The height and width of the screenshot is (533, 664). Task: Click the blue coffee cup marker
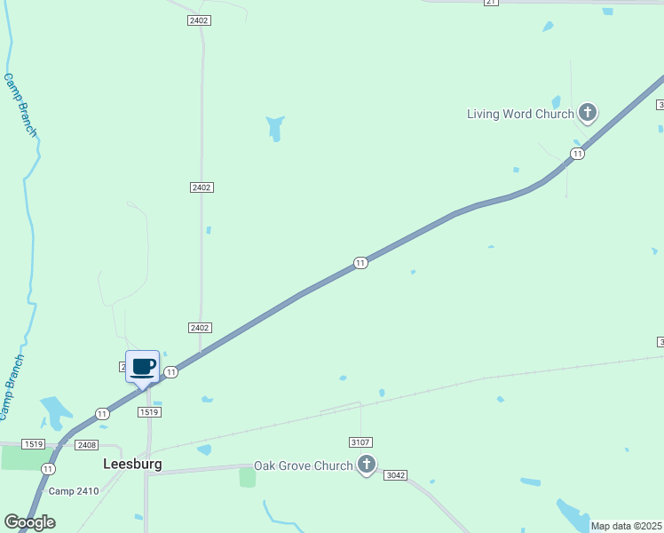point(142,367)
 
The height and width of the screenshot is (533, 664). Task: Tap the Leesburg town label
point(132,464)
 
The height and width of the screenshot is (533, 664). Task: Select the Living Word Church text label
point(520,114)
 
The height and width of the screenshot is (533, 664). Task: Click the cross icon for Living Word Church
point(587,113)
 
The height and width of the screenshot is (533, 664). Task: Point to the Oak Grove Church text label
point(303,465)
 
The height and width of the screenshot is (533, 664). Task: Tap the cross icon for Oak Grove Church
point(366,465)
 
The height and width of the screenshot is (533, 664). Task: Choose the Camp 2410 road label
point(73,491)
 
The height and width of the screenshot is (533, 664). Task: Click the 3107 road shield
point(360,442)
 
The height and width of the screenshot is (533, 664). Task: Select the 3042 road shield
point(395,475)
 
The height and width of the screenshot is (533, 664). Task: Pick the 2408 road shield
point(86,444)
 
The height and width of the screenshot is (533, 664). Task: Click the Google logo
point(28,522)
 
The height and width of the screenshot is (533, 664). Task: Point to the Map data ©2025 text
point(626,526)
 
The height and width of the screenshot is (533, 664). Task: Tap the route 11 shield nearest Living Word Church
point(577,154)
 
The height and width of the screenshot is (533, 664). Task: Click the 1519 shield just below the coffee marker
point(148,412)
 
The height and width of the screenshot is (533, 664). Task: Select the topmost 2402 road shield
point(199,20)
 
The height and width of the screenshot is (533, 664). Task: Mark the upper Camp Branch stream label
point(21,105)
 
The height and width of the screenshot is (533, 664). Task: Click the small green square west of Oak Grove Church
point(247,477)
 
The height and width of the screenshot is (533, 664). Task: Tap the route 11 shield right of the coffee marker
point(171,372)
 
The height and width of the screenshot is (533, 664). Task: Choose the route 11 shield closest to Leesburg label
point(48,468)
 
